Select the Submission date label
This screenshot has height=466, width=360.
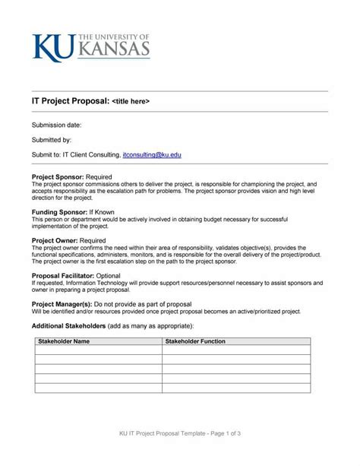(x=56, y=124)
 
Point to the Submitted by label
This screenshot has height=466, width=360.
(x=52, y=140)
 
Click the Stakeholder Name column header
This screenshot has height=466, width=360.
(x=64, y=341)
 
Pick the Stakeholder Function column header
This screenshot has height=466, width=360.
(x=195, y=341)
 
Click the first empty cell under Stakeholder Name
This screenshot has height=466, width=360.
(x=97, y=350)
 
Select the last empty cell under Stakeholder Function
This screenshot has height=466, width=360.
(x=235, y=387)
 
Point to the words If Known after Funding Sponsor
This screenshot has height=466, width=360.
(x=104, y=212)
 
